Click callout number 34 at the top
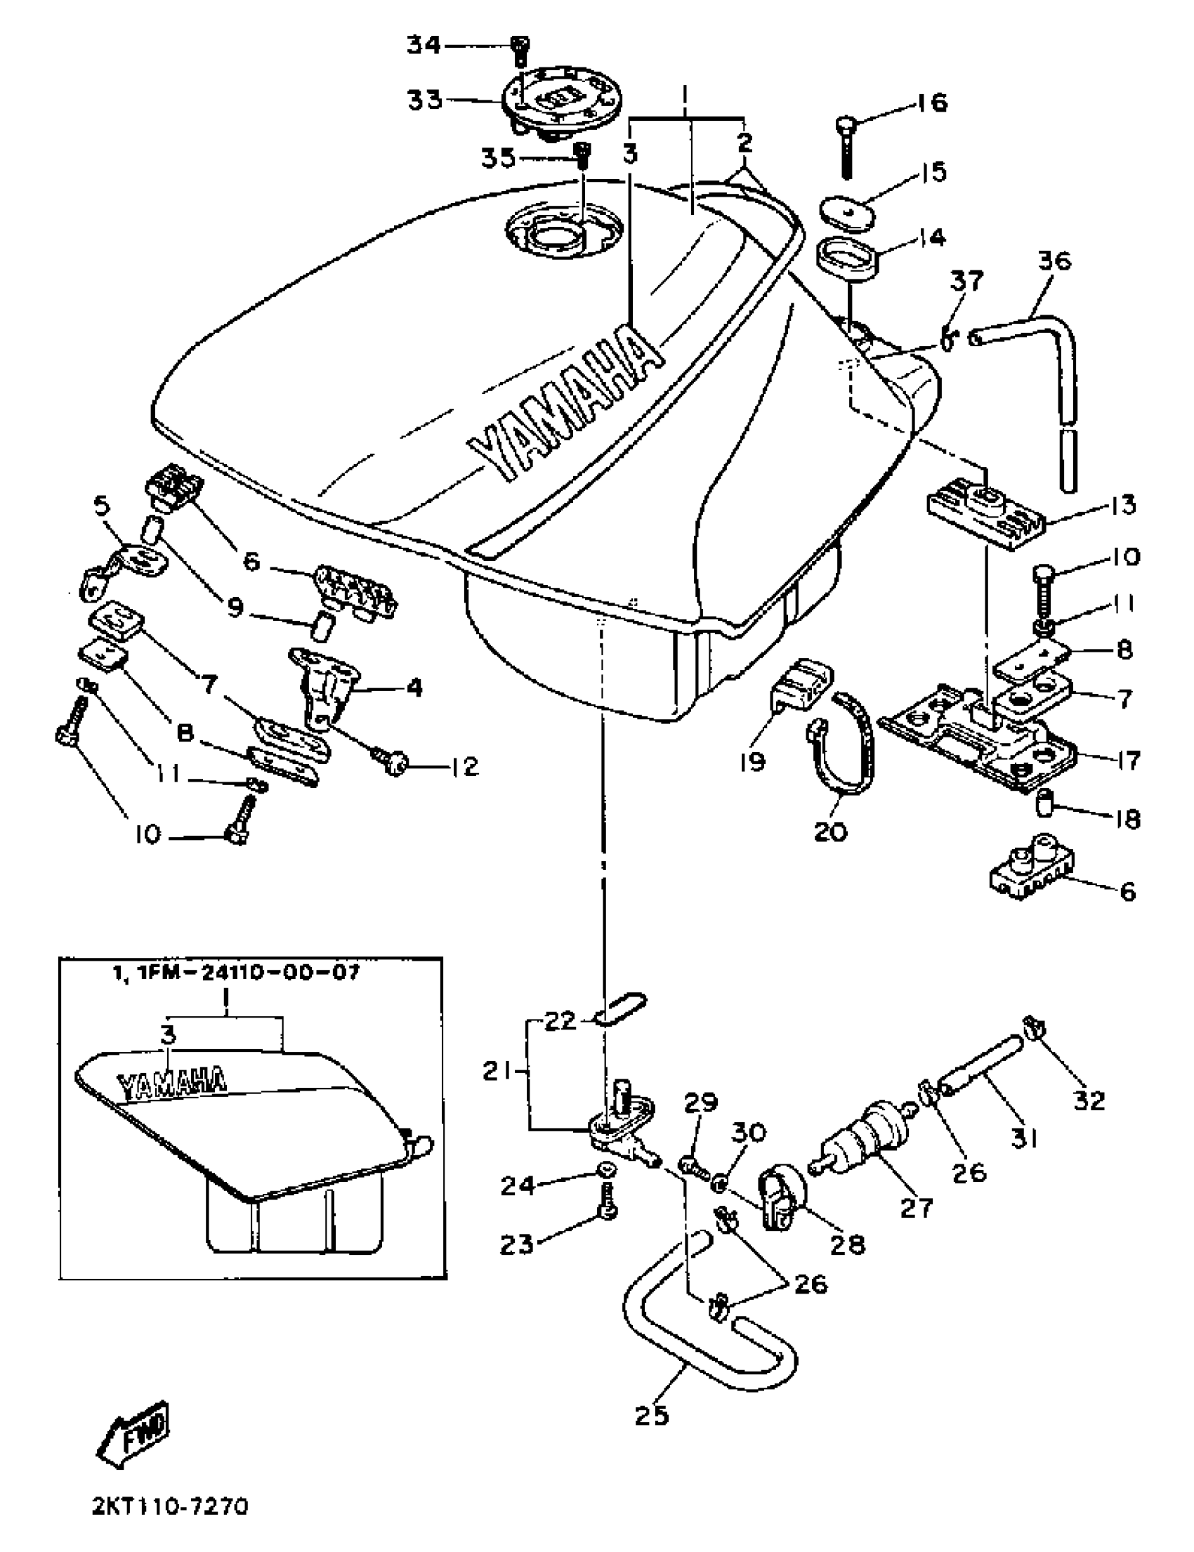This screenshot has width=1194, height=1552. pos(424,46)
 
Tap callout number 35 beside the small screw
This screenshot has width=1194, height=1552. pos(497,158)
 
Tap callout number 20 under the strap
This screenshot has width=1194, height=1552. pos(830,830)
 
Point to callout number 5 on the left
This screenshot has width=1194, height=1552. pos(103,506)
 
